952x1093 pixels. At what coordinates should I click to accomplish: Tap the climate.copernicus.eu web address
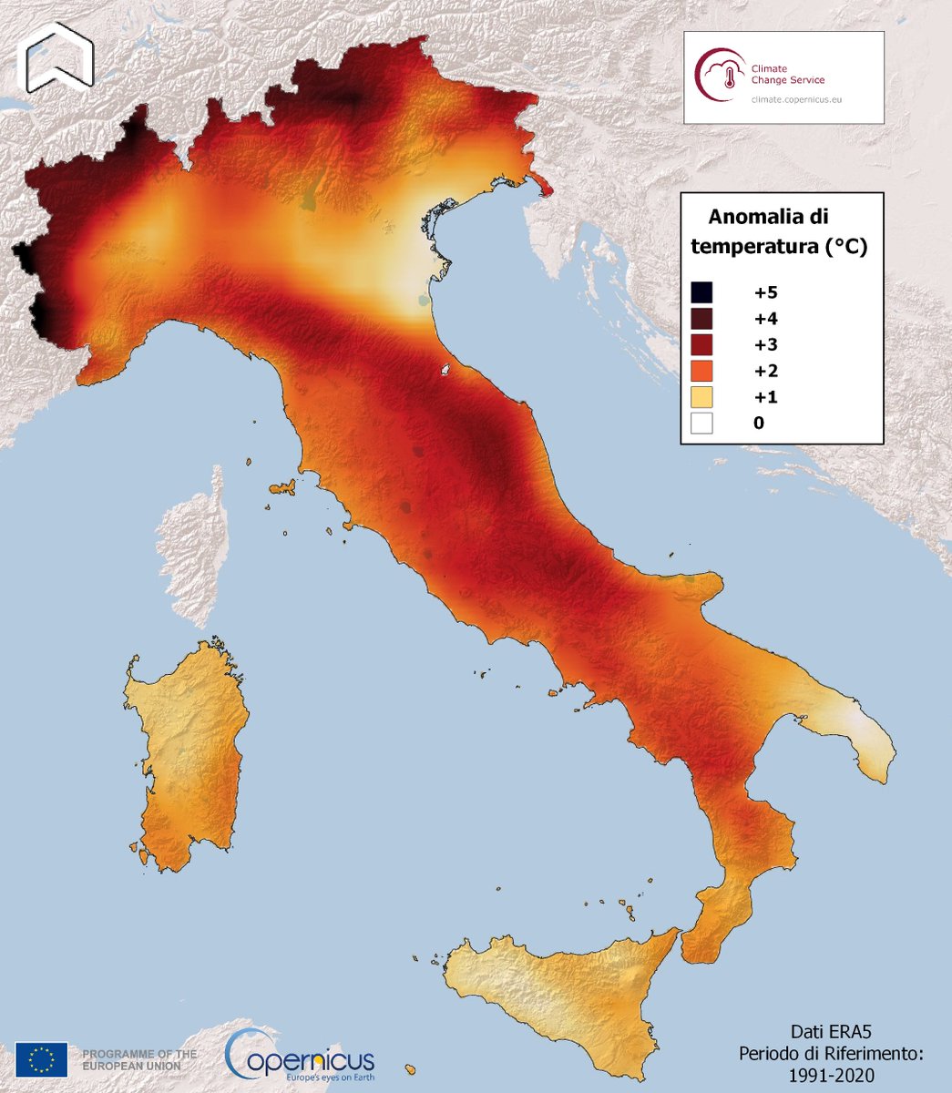pos(796,99)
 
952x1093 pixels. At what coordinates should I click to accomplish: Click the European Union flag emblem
pos(41,1059)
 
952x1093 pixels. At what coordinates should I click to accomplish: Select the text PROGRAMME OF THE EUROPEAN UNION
pos(138,1059)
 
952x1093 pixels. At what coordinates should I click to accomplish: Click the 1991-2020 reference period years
pos(832,1076)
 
